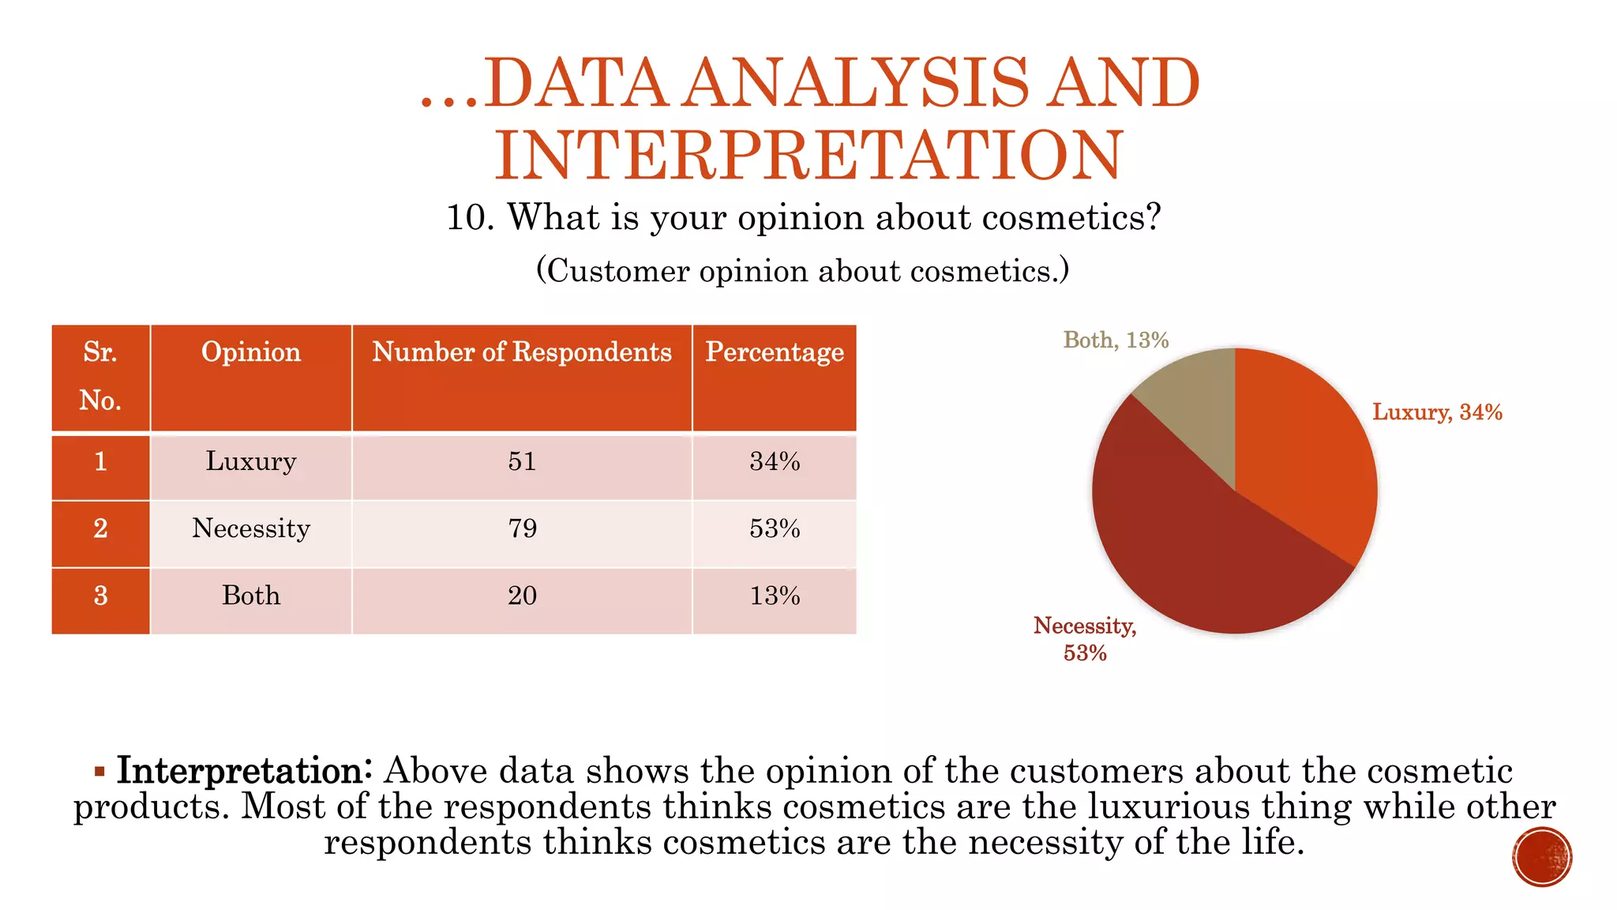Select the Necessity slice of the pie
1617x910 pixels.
point(1200,553)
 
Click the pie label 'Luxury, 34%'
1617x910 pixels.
point(1437,412)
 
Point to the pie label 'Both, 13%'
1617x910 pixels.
point(1116,340)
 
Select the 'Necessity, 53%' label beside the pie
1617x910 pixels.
point(1085,638)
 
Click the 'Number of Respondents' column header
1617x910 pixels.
point(522,352)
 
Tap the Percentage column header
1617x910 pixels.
point(775,352)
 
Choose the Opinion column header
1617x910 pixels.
point(251,352)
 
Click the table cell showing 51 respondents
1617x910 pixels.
point(522,461)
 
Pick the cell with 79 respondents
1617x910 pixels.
point(522,528)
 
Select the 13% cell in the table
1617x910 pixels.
point(775,596)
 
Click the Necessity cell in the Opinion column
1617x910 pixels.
point(251,528)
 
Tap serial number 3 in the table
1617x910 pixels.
point(100,596)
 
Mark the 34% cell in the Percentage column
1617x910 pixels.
point(775,461)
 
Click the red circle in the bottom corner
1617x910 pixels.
point(1542,857)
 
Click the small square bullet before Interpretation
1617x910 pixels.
point(99,771)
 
